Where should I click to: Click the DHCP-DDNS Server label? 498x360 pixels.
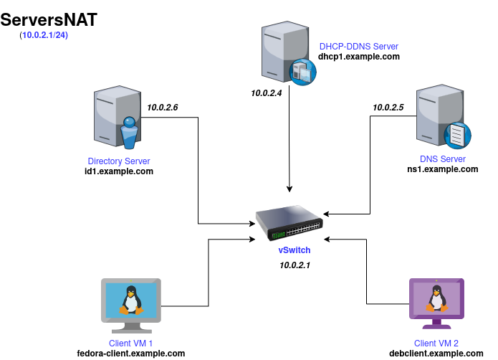coord(358,47)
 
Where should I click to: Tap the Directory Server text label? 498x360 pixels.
coord(119,161)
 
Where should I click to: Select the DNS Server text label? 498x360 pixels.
coord(443,159)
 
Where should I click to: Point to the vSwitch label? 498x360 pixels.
coord(295,250)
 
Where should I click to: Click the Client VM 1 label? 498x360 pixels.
coord(131,344)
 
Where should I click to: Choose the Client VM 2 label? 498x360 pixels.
coord(436,344)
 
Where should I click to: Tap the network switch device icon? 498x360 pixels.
coord(289,222)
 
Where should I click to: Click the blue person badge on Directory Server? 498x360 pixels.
coord(129,133)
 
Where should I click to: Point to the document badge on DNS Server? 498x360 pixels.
coord(456,135)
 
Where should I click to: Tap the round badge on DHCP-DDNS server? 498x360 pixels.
coord(302,72)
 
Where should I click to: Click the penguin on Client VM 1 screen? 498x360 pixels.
coord(130,300)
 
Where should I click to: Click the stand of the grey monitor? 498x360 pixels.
coord(131,327)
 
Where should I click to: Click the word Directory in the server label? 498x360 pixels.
coord(105,161)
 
